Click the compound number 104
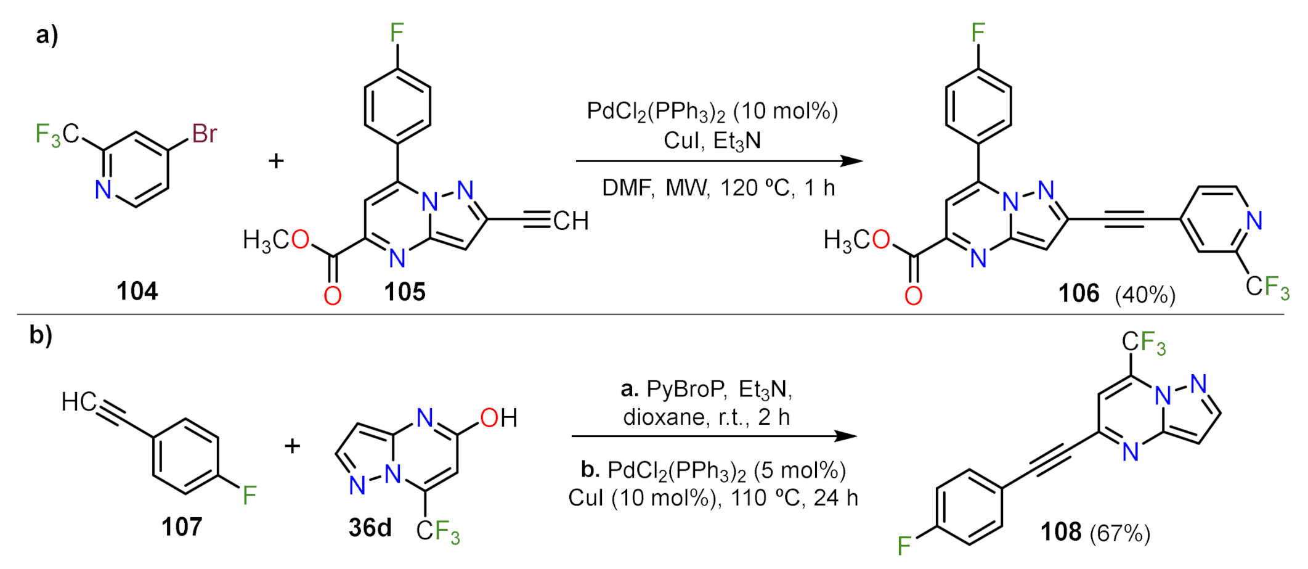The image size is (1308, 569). tap(137, 290)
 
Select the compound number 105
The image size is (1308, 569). tap(405, 292)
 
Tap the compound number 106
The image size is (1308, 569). tap(1079, 293)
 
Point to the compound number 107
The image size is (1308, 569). tap(182, 527)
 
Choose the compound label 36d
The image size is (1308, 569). tap(370, 527)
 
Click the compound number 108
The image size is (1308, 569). tap(1061, 531)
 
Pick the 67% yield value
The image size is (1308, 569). tap(1120, 533)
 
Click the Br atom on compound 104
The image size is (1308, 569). tap(204, 133)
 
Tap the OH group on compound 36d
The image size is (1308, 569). tap(498, 418)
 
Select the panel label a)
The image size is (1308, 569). tap(47, 35)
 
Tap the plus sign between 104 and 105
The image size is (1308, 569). tap(276, 161)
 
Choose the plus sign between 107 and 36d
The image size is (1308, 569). tap(292, 445)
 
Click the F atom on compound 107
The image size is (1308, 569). tap(250, 495)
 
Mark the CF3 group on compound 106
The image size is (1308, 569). tap(1267, 287)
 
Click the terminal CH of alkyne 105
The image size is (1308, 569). tap(571, 221)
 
